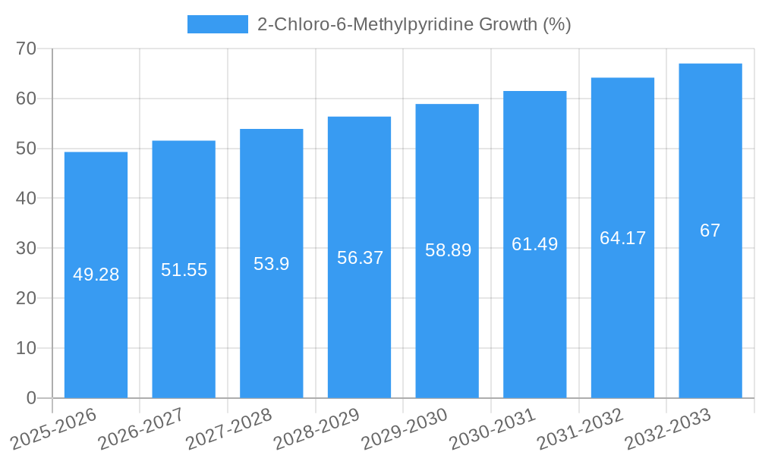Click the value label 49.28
point(96,275)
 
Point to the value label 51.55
point(184,270)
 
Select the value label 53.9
point(271,264)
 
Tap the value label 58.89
point(448,250)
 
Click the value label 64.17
point(622,238)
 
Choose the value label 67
point(710,231)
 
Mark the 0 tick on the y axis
point(31,398)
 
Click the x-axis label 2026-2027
point(141,429)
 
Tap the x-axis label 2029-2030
point(405,429)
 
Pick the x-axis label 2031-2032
point(580,429)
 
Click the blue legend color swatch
point(217,24)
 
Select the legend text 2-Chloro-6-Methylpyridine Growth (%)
point(414,24)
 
